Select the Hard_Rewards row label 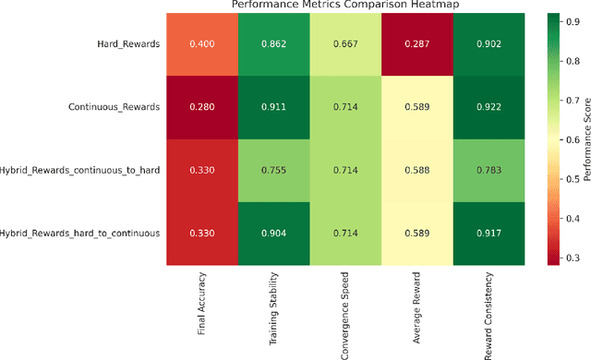tap(131, 43)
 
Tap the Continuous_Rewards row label tap(115, 106)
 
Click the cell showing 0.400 tap(201, 43)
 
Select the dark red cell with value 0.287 tap(416, 43)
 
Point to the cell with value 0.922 tap(488, 106)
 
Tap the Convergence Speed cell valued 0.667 tap(344, 43)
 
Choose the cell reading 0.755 tap(273, 169)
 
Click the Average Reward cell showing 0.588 tap(416, 169)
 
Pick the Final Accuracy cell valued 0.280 tap(201, 106)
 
